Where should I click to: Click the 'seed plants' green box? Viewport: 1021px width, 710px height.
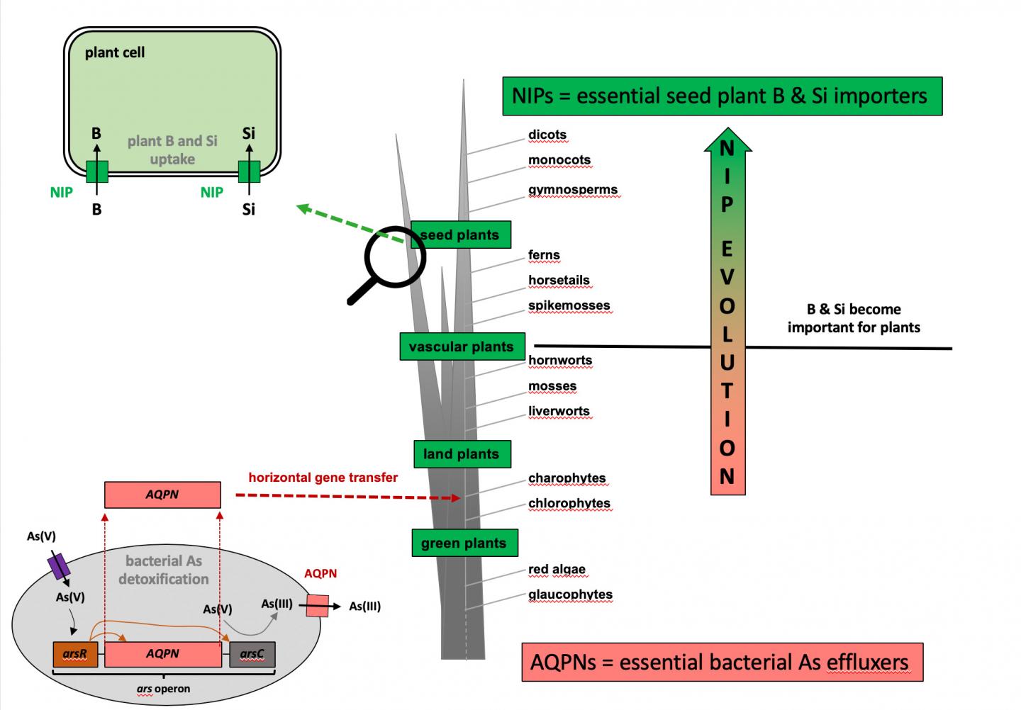(461, 235)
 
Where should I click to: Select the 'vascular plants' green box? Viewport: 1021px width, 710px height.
(462, 346)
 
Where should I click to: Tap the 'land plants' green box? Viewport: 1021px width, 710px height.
(462, 454)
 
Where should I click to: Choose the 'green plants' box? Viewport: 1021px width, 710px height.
(464, 543)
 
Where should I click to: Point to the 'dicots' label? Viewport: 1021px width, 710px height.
(547, 135)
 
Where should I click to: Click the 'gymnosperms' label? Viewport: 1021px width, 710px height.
(572, 190)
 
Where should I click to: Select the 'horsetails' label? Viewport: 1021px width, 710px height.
(559, 281)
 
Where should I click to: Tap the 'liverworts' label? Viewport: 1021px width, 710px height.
(559, 412)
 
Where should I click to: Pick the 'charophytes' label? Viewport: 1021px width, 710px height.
(567, 478)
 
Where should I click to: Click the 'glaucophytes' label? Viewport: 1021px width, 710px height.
(570, 595)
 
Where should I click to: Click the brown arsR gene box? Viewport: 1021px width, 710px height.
(75, 654)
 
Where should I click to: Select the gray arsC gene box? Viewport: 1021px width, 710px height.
(252, 654)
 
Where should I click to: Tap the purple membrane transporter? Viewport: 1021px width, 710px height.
(58, 566)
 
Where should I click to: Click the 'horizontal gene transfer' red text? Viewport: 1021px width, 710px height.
(323, 478)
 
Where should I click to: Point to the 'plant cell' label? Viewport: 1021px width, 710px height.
(115, 52)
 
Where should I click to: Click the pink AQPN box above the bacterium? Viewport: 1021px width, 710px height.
(162, 495)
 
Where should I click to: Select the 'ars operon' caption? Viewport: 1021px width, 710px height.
(163, 689)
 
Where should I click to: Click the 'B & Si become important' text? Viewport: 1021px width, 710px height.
(854, 318)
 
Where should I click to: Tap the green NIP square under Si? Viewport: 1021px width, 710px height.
(249, 171)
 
